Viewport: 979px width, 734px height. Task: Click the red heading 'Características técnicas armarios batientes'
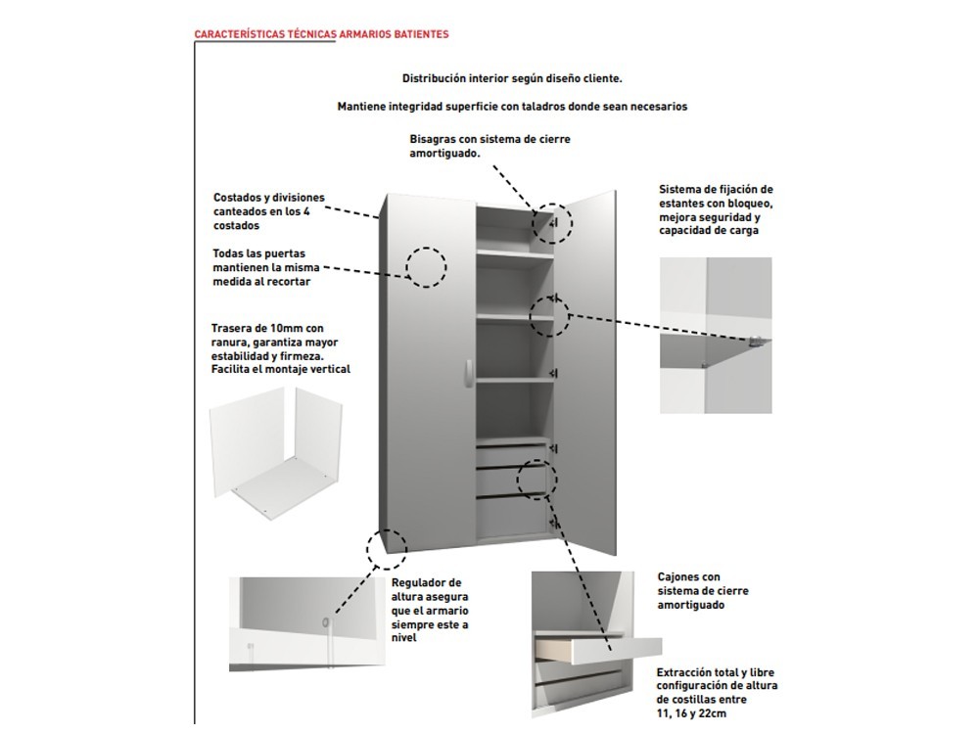coord(322,34)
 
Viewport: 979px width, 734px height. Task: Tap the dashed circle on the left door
coord(426,266)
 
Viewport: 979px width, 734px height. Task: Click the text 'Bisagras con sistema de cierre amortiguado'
coord(489,147)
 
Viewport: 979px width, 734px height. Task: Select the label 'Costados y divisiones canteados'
coord(268,211)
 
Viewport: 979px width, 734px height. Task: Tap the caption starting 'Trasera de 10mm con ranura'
coord(280,348)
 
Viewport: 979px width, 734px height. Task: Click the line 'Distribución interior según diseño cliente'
coord(512,77)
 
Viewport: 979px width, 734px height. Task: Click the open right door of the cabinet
coord(586,372)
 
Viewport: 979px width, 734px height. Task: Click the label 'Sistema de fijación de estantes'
coord(716,209)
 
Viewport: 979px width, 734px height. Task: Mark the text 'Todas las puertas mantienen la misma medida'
coord(265,267)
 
